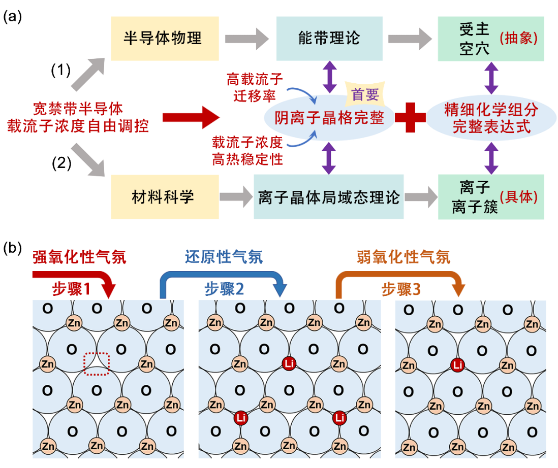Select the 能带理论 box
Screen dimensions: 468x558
329,39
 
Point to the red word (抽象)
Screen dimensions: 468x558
518,39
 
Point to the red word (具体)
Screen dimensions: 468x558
518,197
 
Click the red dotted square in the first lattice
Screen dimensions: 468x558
97,364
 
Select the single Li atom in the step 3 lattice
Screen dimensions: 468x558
457,364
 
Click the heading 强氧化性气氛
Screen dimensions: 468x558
79,257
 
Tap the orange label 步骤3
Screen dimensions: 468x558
400,289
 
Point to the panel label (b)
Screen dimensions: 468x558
12,249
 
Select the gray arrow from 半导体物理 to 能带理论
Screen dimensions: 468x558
246,39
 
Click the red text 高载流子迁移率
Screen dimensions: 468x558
254,87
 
